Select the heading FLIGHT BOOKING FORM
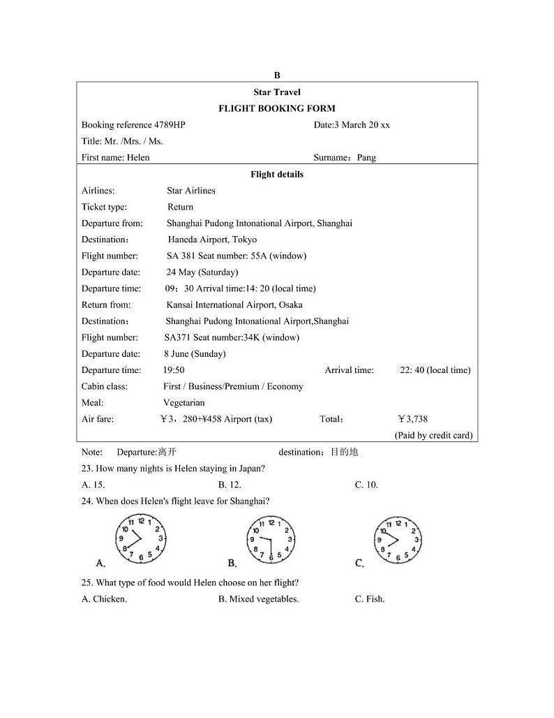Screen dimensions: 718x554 (277, 108)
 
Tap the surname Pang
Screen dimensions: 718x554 (366, 158)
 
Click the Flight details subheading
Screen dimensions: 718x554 (277, 175)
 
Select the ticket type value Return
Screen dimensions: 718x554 (180, 207)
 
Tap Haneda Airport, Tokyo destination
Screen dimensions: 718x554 (212, 240)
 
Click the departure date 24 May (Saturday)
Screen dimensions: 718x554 (202, 272)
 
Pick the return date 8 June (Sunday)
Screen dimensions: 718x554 (195, 354)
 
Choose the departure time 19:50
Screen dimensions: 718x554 (174, 370)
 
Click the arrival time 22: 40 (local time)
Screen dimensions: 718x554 (435, 370)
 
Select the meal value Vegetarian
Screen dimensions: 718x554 (184, 403)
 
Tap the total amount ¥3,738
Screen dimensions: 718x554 (412, 419)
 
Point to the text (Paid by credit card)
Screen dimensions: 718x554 (433, 435)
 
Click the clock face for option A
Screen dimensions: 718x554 (141, 538)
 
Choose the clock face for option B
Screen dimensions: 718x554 (271, 539)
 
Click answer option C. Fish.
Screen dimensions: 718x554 (370, 599)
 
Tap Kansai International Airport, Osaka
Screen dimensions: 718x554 (234, 305)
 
